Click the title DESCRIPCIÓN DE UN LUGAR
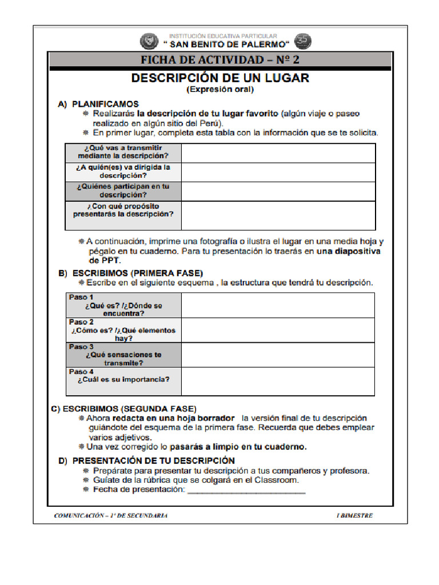coord(220,78)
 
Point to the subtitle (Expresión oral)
coord(220,90)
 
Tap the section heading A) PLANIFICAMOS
coord(98,105)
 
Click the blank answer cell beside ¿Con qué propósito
coord(278,215)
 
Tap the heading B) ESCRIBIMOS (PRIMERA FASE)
coord(131,273)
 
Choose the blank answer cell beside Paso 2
coord(278,330)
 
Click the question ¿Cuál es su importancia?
coord(124,379)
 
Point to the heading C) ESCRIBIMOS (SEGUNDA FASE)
coord(123,408)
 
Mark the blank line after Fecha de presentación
coord(246,491)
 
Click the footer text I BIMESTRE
coord(354,515)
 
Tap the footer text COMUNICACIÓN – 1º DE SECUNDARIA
coord(111,515)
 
